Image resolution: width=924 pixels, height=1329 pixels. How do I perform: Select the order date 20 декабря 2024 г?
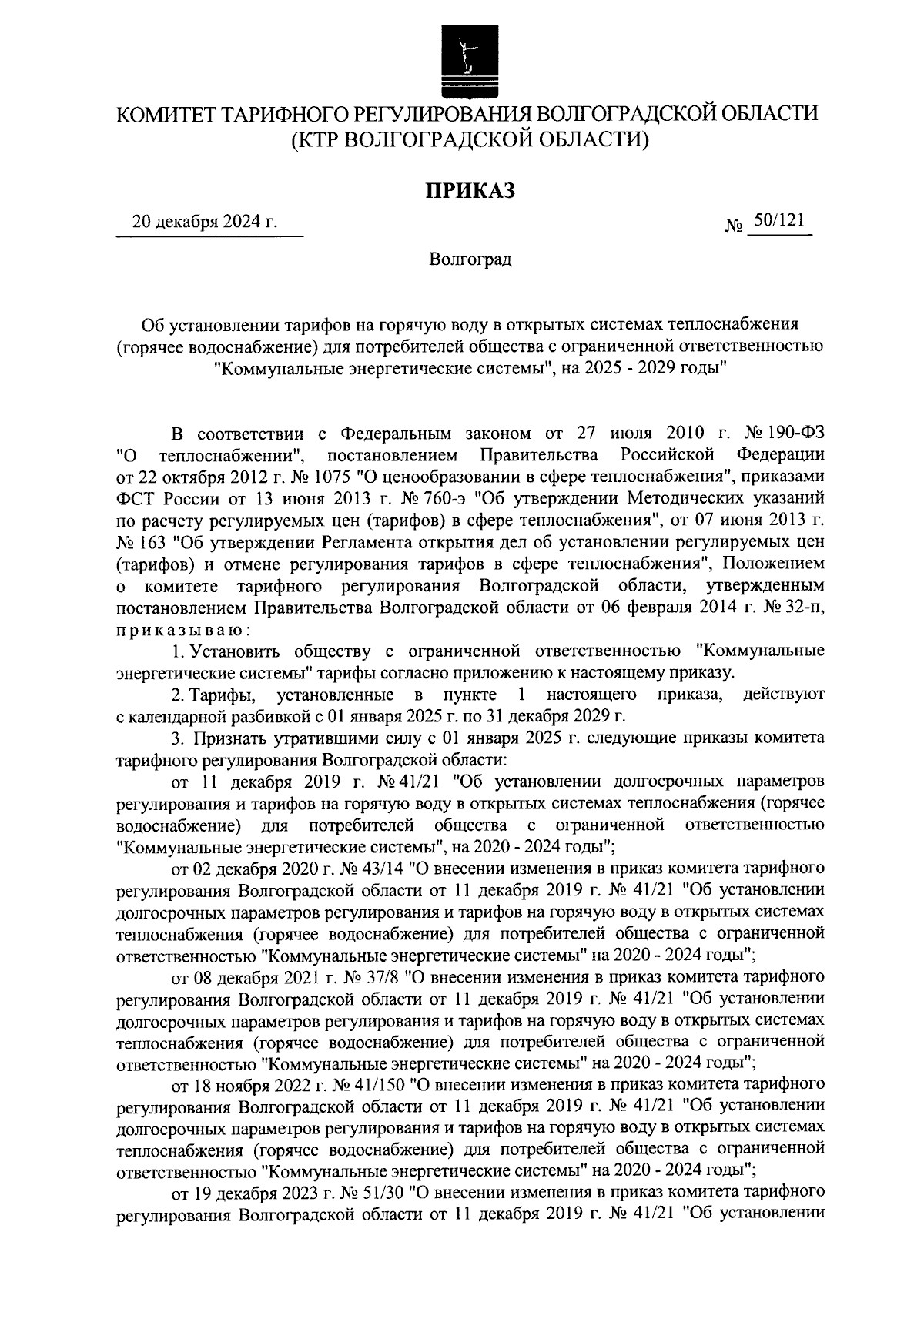tap(205, 223)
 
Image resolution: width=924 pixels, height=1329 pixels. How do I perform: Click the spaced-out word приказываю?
tap(182, 630)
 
